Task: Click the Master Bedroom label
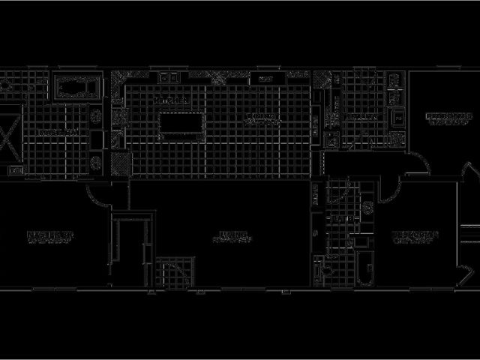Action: tap(51, 239)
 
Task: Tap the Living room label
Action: tap(229, 238)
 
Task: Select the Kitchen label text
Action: tap(168, 99)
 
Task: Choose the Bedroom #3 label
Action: tap(448, 117)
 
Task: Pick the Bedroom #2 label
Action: tap(415, 238)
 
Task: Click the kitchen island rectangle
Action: tap(181, 123)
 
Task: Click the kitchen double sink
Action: tap(168, 77)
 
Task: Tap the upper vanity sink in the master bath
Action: tap(96, 117)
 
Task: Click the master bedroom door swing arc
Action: tap(96, 196)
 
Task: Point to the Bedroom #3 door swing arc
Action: tap(415, 169)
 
